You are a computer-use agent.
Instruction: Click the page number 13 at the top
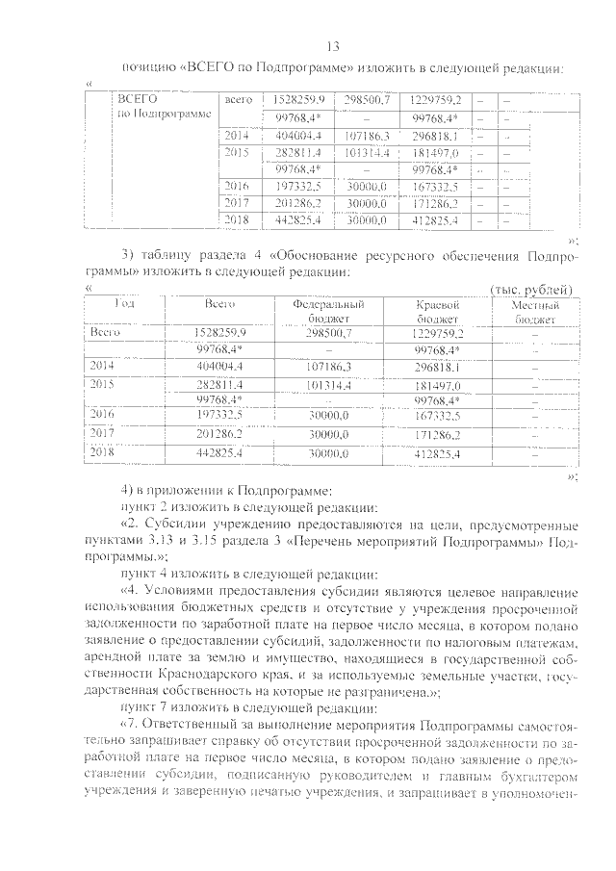[x=334, y=46]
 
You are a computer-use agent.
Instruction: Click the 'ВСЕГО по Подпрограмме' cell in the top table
[x=155, y=107]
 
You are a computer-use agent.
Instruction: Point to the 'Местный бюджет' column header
[x=533, y=311]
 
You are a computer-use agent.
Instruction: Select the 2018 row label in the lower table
[x=102, y=451]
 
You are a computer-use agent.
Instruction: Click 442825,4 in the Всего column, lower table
[x=219, y=452]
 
